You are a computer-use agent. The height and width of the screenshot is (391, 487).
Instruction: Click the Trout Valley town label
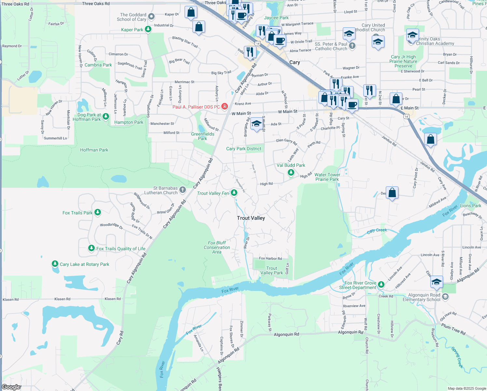(x=251, y=218)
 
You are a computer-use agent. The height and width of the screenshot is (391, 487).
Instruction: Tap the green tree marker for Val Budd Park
(x=291, y=172)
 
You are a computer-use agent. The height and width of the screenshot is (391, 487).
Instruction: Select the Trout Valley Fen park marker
(x=234, y=193)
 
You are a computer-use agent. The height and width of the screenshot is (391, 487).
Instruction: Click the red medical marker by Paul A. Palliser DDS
(x=224, y=107)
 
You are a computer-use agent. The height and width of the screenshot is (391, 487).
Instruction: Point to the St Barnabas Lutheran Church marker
(x=183, y=190)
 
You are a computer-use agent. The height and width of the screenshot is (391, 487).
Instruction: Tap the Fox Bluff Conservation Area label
(x=217, y=247)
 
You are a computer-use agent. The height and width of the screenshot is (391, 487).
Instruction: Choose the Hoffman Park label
(x=94, y=150)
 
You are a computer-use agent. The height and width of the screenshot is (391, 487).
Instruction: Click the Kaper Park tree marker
(x=148, y=29)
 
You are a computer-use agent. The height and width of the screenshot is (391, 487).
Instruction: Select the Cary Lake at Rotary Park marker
(x=55, y=264)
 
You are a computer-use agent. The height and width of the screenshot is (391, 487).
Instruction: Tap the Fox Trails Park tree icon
(x=97, y=212)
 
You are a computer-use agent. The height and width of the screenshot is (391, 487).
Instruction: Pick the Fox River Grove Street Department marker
(x=381, y=284)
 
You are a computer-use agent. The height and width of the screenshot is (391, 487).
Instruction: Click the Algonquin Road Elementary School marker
(x=445, y=297)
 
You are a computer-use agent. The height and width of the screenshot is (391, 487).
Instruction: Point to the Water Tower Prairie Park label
(x=327, y=177)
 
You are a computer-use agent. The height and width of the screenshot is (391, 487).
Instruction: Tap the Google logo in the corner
(x=11, y=387)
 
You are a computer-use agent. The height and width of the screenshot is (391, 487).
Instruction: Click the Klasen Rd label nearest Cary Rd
(x=113, y=299)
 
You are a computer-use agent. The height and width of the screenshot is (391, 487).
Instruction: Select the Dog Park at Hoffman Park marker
(x=105, y=117)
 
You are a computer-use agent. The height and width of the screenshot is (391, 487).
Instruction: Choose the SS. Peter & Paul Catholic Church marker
(x=352, y=46)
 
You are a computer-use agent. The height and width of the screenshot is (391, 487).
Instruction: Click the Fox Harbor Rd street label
(x=270, y=258)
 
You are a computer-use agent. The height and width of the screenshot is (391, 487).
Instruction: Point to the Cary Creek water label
(x=377, y=230)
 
